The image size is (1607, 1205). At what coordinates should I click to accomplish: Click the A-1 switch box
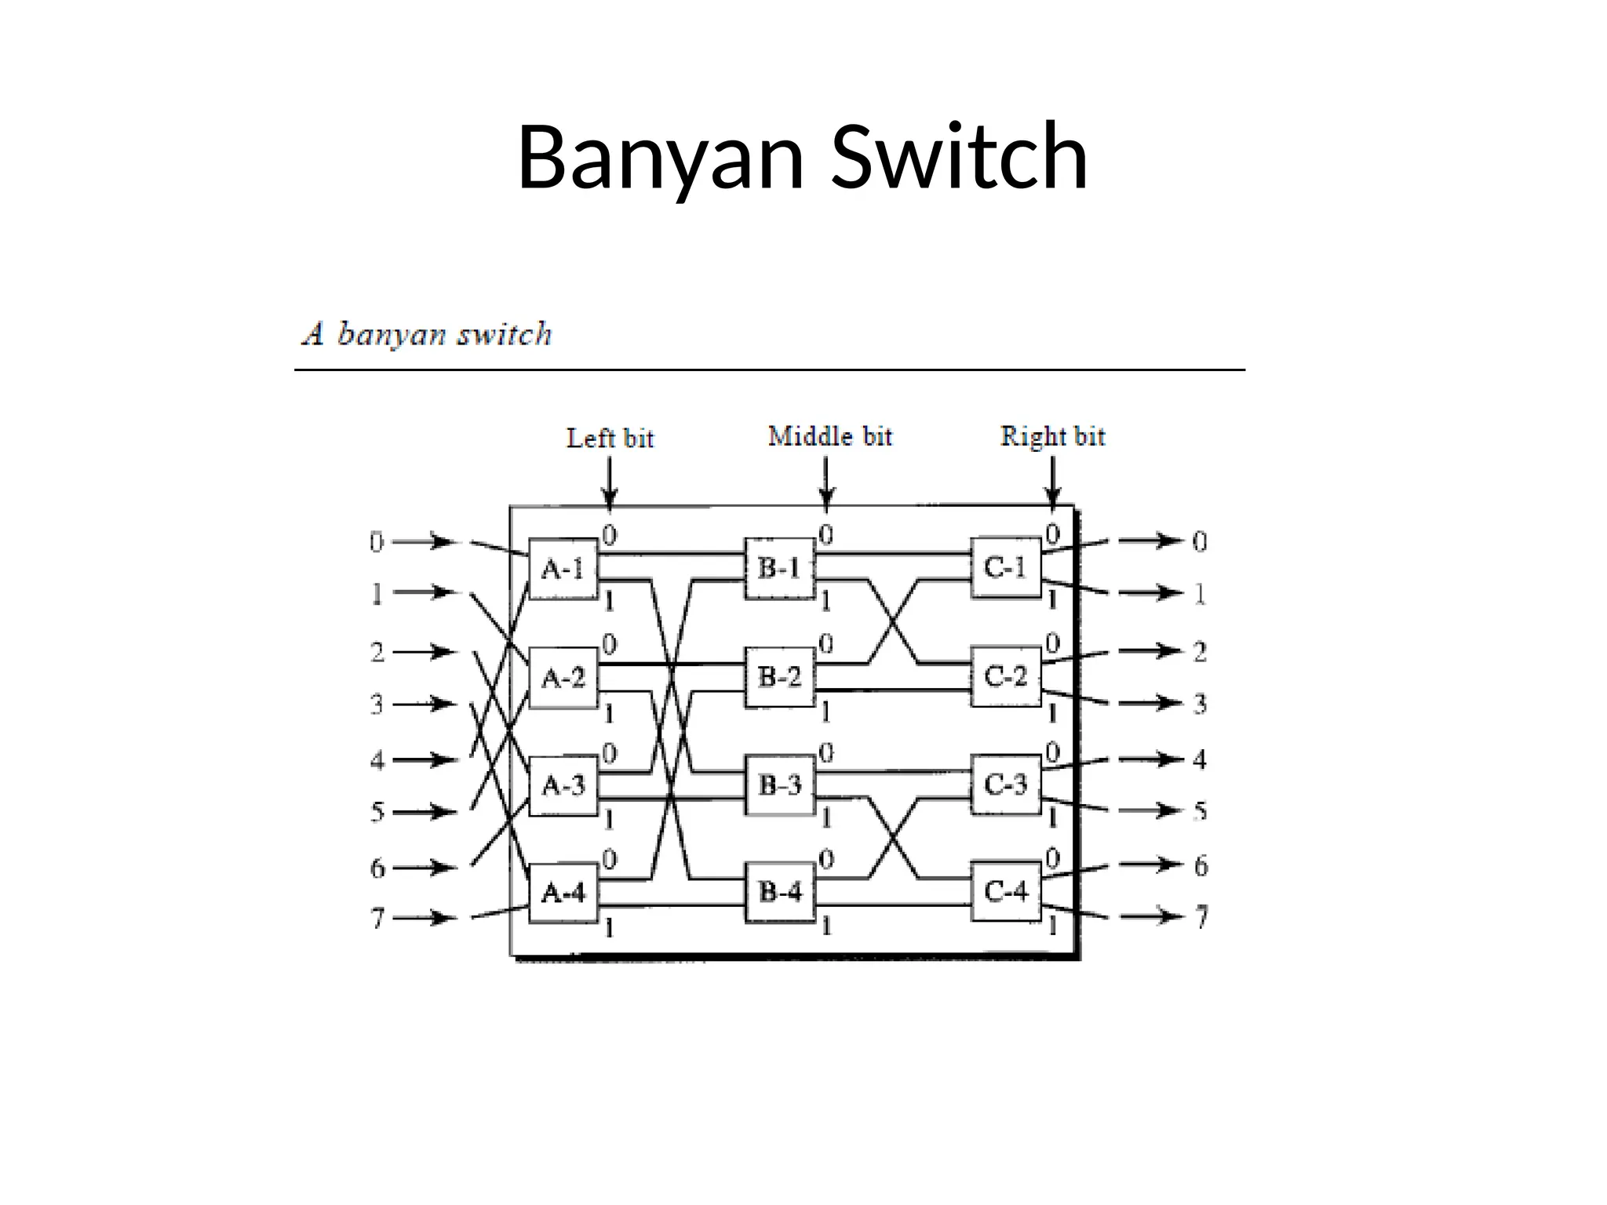tap(563, 569)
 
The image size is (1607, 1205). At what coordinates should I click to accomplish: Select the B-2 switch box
tap(779, 677)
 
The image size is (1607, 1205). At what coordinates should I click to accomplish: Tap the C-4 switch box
tap(1006, 891)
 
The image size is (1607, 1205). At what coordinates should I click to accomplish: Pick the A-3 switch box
tap(563, 785)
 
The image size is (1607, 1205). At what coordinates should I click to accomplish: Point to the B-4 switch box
tap(779, 892)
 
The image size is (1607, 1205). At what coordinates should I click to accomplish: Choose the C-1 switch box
tap(1005, 568)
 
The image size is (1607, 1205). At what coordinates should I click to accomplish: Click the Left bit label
tap(610, 438)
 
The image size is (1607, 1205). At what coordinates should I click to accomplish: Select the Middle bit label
tap(829, 436)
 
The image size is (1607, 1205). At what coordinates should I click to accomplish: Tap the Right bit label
tap(1052, 436)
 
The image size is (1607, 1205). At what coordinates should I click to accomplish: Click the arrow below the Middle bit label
tap(825, 482)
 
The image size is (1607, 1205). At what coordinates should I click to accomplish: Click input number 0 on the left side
tap(377, 542)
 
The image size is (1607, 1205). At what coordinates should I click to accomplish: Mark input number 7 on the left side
tap(377, 917)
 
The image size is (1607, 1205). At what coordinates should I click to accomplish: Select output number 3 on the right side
tap(1199, 704)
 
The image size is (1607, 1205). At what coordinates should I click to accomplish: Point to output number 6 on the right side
tap(1201, 866)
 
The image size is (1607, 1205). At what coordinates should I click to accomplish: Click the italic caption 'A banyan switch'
tap(428, 335)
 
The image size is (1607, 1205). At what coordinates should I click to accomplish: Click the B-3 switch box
tap(779, 785)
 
